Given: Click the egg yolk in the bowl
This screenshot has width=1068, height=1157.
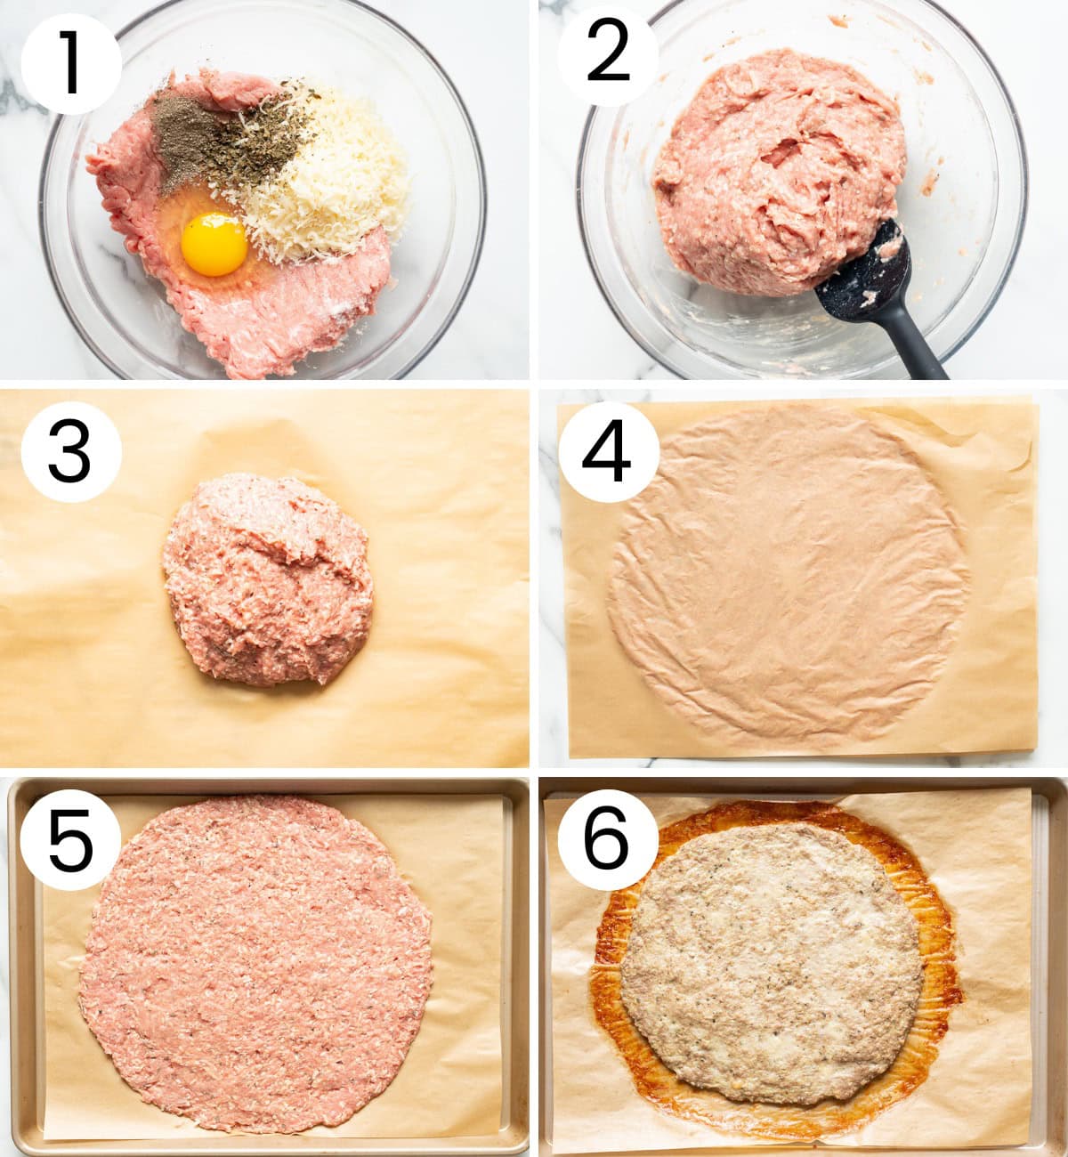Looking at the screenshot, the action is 214,244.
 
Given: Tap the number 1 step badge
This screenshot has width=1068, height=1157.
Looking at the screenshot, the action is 71,63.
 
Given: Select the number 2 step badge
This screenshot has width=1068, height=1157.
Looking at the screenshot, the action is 608,56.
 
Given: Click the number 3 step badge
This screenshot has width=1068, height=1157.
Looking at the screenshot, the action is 71,451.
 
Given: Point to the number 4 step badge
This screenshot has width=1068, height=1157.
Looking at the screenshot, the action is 608,451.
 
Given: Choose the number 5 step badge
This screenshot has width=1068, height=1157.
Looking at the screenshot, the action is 71,839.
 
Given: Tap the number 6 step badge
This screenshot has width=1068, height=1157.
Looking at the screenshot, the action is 608,839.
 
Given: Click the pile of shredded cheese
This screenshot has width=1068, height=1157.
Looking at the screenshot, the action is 327,181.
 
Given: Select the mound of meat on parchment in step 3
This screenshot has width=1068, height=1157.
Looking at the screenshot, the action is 268,579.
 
